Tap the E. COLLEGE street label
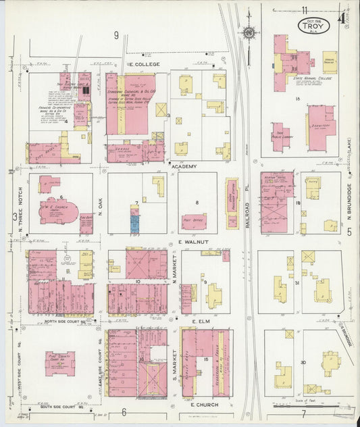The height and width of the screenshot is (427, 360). point(142,64)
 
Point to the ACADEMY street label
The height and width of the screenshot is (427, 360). point(184,166)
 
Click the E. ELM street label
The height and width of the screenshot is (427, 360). point(203,321)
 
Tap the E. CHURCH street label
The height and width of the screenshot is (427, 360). point(202,404)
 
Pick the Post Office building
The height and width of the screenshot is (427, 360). point(194,221)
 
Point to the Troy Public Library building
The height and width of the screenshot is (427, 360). point(281,136)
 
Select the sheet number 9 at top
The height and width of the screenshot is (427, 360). point(116,35)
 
